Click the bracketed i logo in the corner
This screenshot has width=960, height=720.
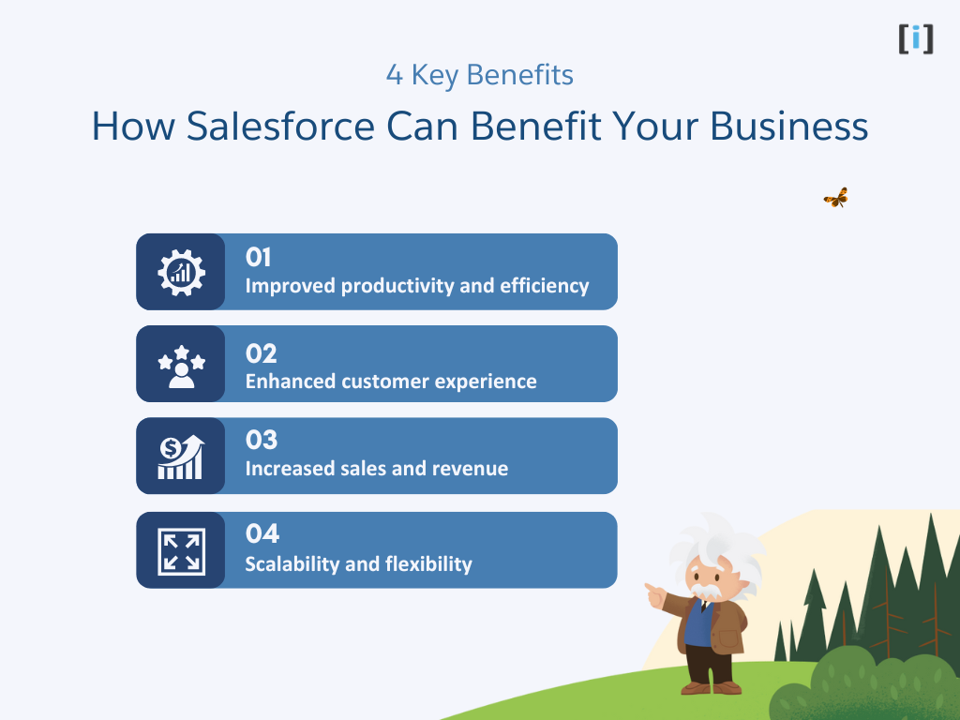(915, 38)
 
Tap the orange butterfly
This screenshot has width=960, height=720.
(835, 198)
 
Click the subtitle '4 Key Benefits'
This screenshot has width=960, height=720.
(479, 75)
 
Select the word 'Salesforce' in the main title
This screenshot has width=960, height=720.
(281, 127)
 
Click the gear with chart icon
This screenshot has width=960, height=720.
(180, 272)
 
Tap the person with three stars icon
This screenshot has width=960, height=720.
(180, 365)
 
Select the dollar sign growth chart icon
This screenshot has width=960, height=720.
(180, 457)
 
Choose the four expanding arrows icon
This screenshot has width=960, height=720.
(180, 550)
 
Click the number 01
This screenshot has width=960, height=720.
(259, 258)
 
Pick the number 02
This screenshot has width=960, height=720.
(262, 353)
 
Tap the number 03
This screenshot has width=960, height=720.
(262, 440)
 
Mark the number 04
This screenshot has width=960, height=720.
(262, 533)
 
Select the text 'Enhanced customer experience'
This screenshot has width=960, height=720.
(391, 382)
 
